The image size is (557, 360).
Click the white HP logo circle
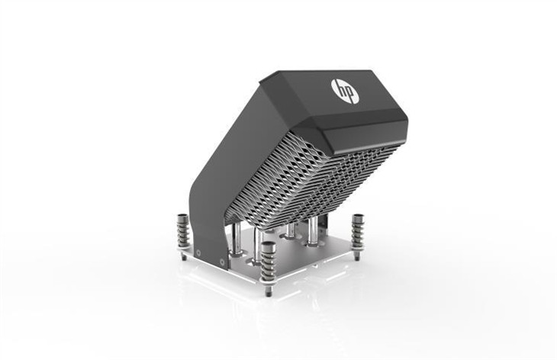pyautogui.click(x=345, y=92)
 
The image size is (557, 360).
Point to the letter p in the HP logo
pyautogui.click(x=350, y=95)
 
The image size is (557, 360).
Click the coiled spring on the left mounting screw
pyautogui.click(x=184, y=233)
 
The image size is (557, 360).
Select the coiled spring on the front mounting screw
pyautogui.click(x=268, y=264)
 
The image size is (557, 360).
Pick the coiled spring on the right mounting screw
pyautogui.click(x=357, y=233)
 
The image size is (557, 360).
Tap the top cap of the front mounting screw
pyautogui.click(x=268, y=246)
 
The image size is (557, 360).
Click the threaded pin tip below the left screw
pyautogui.click(x=184, y=257)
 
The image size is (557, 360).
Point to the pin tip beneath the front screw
pyautogui.click(x=269, y=291)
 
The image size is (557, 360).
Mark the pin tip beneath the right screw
pyautogui.click(x=357, y=256)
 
